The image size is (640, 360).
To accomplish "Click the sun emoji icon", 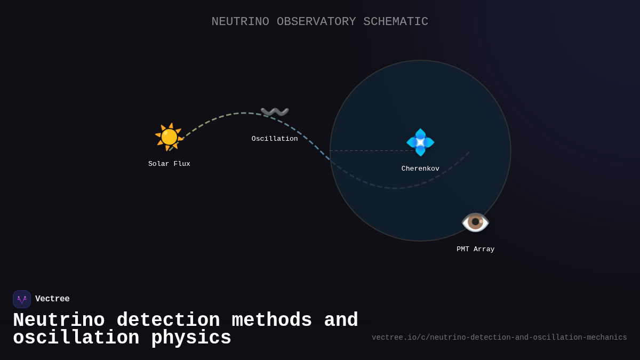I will pyautogui.click(x=169, y=137).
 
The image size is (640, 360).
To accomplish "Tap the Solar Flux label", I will pyautogui.click(x=169, y=164).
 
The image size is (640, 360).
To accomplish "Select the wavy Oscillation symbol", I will pyautogui.click(x=275, y=112).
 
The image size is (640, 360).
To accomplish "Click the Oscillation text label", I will pyautogui.click(x=275, y=139).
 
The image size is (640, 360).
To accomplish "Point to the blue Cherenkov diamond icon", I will pyautogui.click(x=420, y=142).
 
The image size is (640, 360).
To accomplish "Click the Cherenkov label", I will pyautogui.click(x=420, y=169).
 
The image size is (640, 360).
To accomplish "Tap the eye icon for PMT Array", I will pyautogui.click(x=475, y=222).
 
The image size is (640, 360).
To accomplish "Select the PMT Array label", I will pyautogui.click(x=475, y=249).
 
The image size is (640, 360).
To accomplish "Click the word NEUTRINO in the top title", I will pyautogui.click(x=240, y=22).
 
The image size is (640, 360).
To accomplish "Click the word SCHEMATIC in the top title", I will pyautogui.click(x=396, y=22).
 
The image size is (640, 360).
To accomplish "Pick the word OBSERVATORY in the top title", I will pyautogui.click(x=316, y=22).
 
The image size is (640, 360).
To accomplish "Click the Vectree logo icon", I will pyautogui.click(x=22, y=299).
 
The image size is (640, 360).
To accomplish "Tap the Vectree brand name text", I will pyautogui.click(x=52, y=299).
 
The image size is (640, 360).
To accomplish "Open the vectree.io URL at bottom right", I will pyautogui.click(x=499, y=338).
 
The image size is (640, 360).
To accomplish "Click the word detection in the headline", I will pyautogui.click(x=168, y=321).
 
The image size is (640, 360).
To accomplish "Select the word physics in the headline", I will pyautogui.click(x=191, y=338).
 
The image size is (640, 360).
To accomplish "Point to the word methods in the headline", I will pyautogui.click(x=272, y=321).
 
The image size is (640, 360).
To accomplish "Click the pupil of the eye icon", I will pyautogui.click(x=475, y=222).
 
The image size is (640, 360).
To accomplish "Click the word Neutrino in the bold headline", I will pyautogui.click(x=59, y=321).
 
